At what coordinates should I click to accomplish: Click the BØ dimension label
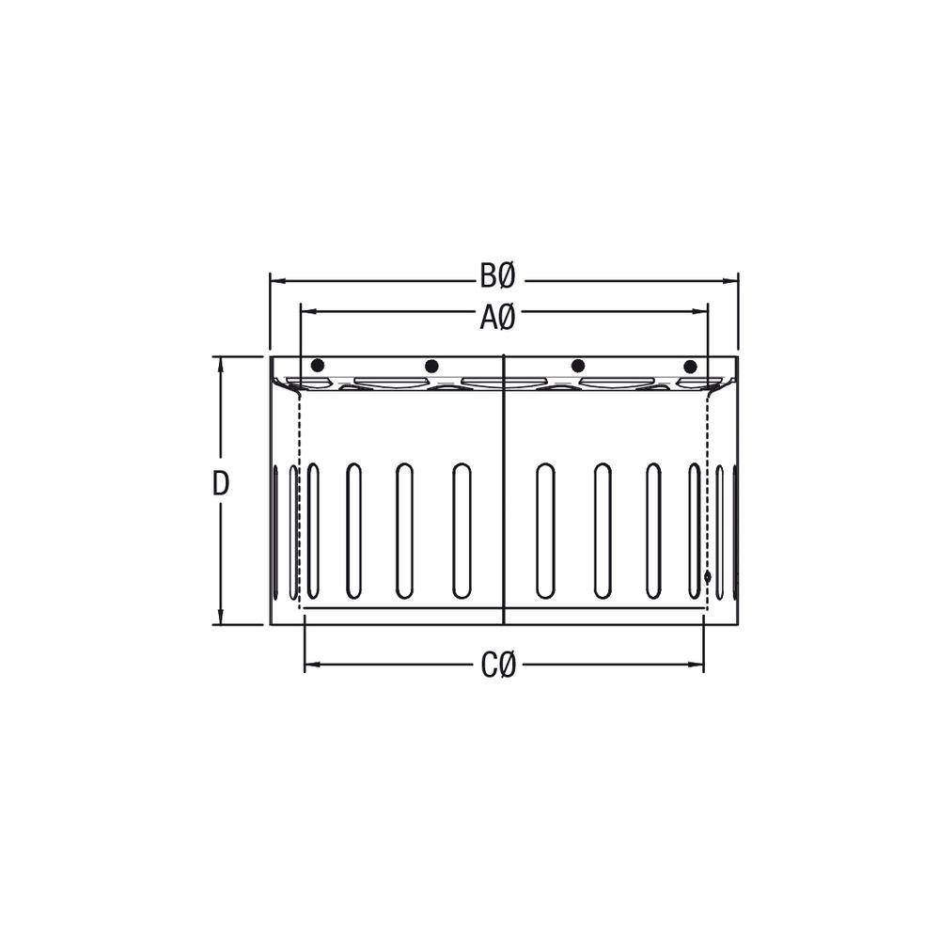tap(497, 276)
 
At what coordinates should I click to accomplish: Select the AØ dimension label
tap(497, 318)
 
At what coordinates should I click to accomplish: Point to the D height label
tap(221, 484)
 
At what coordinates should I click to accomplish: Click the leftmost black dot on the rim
tap(317, 365)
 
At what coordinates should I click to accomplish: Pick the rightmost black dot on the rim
tap(690, 366)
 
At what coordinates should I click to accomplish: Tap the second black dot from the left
tap(431, 366)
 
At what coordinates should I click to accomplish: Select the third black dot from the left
tap(578, 365)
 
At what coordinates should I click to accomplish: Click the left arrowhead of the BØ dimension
tap(277, 280)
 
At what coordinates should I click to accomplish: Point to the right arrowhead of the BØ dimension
tap(730, 280)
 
